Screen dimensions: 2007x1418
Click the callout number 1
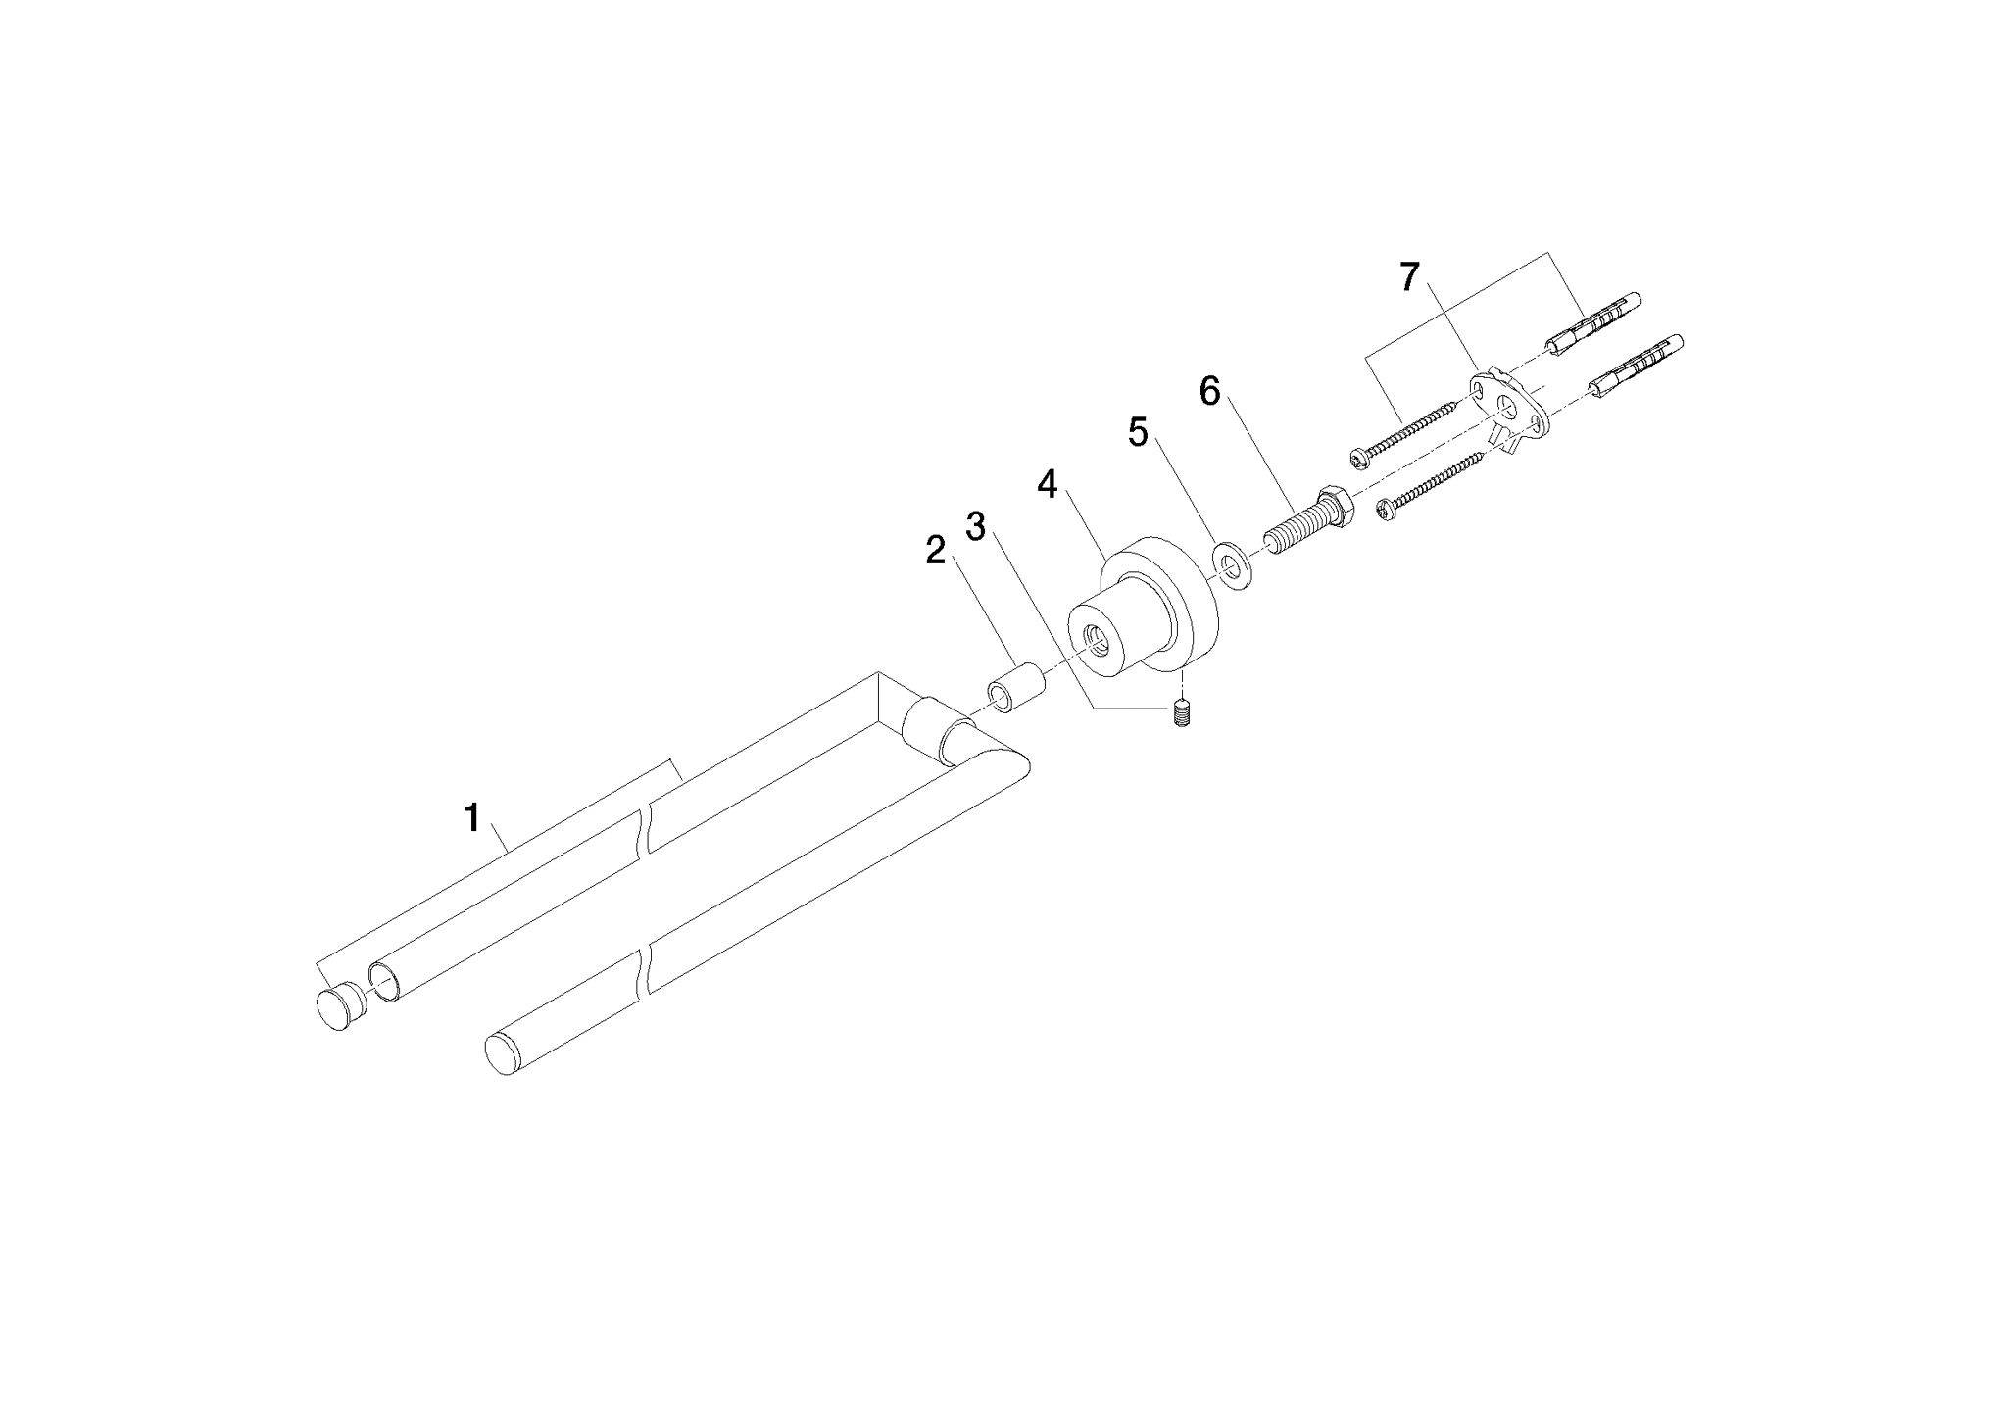(472, 816)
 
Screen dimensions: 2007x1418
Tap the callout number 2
(937, 551)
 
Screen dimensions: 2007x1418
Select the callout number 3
(976, 525)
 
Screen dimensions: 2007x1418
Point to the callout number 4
(1049, 484)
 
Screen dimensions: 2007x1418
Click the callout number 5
(1138, 432)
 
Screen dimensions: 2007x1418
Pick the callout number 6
(1210, 392)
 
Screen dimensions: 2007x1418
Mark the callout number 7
(1409, 278)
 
